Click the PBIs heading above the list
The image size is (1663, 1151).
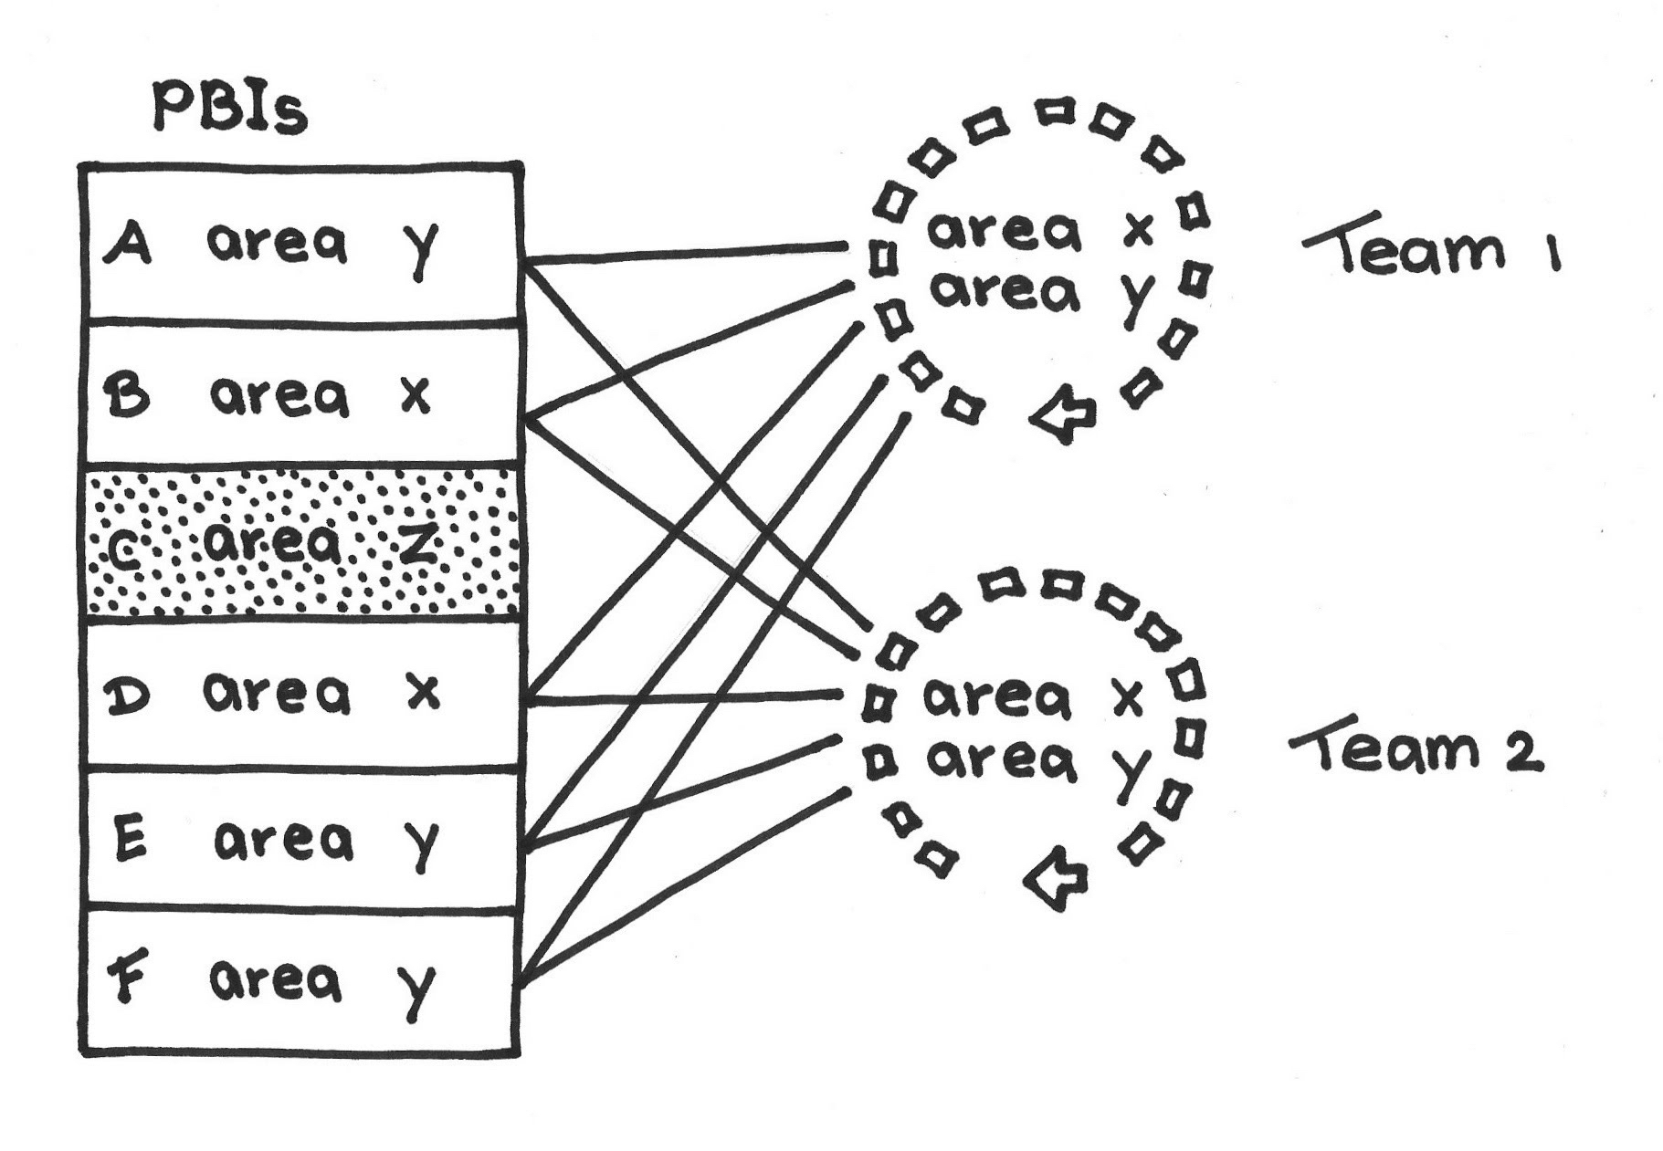click(x=230, y=108)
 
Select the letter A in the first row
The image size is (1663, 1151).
click(x=129, y=245)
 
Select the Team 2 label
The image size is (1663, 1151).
click(x=1416, y=750)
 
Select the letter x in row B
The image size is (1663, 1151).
click(x=416, y=396)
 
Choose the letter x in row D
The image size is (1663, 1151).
click(x=422, y=693)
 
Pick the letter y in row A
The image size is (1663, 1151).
click(x=421, y=247)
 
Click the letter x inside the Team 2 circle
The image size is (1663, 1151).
click(x=1127, y=699)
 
